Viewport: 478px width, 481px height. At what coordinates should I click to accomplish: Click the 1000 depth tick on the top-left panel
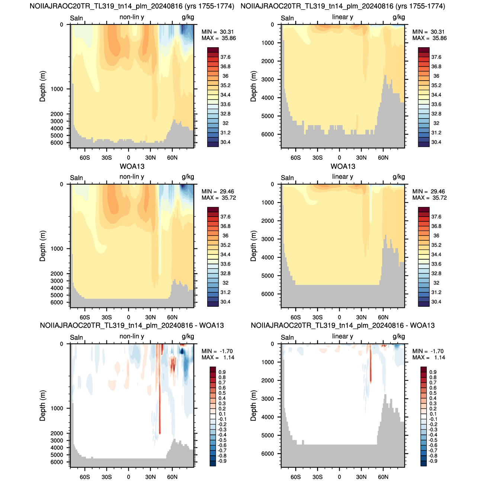click(x=57, y=89)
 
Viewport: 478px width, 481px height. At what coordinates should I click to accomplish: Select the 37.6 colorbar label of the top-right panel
click(x=436, y=57)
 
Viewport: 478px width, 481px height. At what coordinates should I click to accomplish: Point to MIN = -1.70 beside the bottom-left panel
click(x=217, y=351)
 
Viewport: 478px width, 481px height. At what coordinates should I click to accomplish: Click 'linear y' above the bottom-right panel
click(x=343, y=336)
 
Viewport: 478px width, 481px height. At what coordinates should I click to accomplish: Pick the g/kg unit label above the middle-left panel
click(x=188, y=177)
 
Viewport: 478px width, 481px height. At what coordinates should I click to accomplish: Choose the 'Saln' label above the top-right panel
click(x=287, y=18)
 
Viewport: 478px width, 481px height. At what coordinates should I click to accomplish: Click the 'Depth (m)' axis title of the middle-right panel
click(x=253, y=246)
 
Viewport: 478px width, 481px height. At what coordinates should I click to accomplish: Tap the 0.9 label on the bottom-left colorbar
click(x=222, y=372)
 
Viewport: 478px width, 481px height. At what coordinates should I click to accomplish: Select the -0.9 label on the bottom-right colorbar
click(x=433, y=461)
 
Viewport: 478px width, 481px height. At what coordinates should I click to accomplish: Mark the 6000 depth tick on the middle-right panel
click(x=267, y=294)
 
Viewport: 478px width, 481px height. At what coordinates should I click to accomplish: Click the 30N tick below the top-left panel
click(x=150, y=157)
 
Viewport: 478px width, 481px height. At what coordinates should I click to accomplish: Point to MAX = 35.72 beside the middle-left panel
click(x=219, y=198)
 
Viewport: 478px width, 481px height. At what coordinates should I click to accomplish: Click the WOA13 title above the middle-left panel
click(x=132, y=166)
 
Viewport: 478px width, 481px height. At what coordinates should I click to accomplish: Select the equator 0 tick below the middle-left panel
click(x=128, y=317)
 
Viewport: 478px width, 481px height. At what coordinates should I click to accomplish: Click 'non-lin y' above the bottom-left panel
click(x=132, y=336)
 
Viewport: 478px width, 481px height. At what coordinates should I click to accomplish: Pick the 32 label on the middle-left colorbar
click(x=225, y=283)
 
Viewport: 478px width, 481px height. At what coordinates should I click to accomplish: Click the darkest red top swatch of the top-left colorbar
click(x=213, y=50)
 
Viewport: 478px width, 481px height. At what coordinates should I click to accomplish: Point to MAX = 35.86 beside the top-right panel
click(x=430, y=38)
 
